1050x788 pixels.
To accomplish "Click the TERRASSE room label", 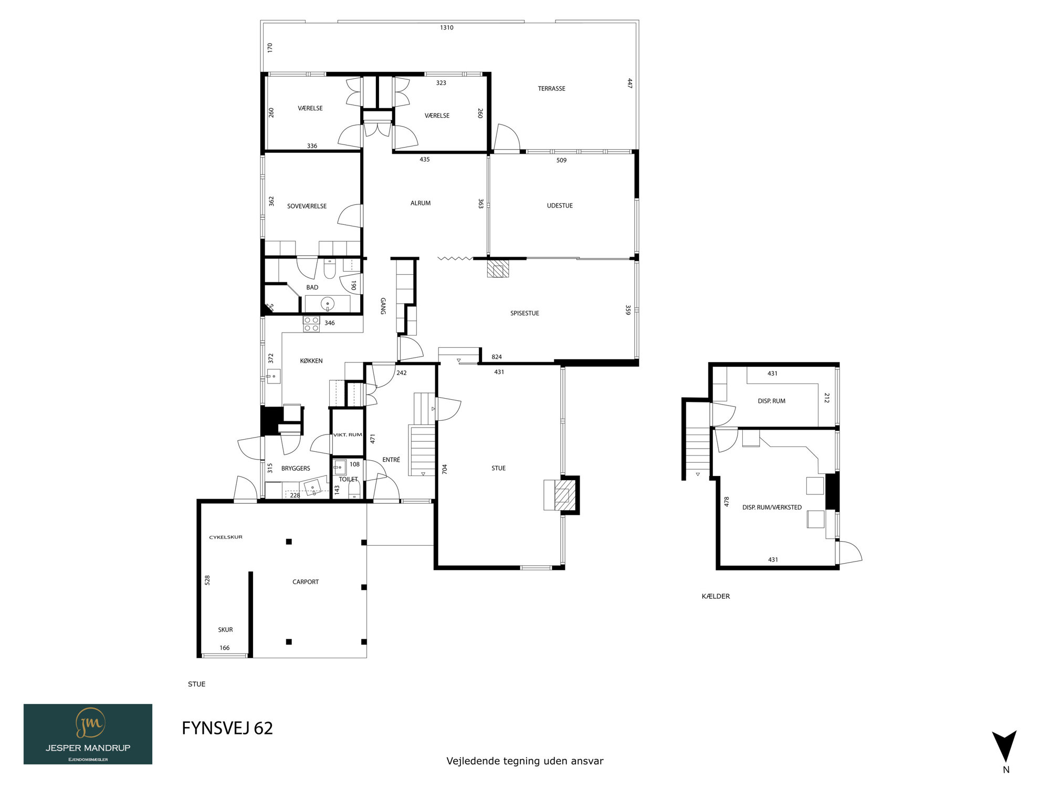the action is click(551, 89).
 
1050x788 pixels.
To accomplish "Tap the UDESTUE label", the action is click(560, 206).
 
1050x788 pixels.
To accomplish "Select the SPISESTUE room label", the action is click(524, 314).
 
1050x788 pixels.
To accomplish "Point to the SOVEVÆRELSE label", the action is click(307, 206).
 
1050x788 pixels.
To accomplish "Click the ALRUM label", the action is click(421, 203).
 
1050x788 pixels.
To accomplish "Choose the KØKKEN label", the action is click(311, 361).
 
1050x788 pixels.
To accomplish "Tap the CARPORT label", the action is click(306, 582).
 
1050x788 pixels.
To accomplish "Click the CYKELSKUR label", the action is click(226, 537).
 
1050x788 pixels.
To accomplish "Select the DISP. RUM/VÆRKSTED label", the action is click(772, 507).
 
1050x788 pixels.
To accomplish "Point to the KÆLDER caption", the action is click(716, 596).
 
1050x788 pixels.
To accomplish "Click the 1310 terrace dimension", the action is click(447, 28).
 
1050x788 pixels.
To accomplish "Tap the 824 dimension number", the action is click(497, 357).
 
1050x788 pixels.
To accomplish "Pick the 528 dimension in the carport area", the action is click(207, 580).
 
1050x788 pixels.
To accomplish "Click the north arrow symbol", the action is click(1004, 746).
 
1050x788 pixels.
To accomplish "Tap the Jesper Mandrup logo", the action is click(88, 734).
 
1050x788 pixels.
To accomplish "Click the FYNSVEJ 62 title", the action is click(227, 728).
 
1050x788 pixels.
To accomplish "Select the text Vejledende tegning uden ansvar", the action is click(525, 761).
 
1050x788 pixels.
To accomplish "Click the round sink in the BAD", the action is click(328, 304).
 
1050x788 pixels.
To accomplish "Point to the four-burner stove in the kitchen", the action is click(311, 324).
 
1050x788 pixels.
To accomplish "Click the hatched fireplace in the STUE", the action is click(562, 495).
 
